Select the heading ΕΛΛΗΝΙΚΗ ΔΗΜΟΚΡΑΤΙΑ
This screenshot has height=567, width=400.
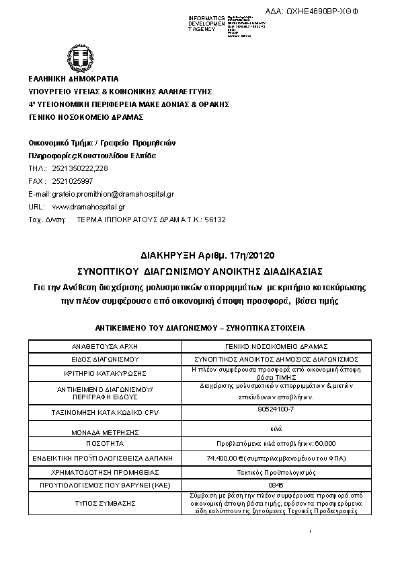[73, 79]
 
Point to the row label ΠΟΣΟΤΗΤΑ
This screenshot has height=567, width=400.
[104, 444]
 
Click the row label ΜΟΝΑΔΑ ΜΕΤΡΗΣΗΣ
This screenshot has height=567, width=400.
[104, 432]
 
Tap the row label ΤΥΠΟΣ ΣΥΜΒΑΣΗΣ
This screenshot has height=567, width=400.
[104, 503]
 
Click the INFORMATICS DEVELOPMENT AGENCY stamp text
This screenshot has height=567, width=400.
[207, 24]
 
